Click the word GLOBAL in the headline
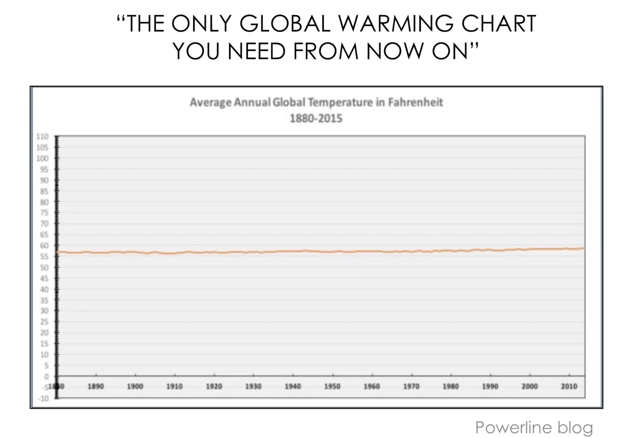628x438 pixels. [x=285, y=24]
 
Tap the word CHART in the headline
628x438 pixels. [x=498, y=24]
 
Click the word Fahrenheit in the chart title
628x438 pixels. [x=415, y=102]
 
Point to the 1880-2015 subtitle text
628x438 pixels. [x=316, y=118]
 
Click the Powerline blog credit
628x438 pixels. [x=534, y=427]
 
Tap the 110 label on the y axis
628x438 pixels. [x=42, y=136]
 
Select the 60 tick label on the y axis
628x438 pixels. [x=44, y=245]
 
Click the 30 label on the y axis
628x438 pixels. [x=44, y=311]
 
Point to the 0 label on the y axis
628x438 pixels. [x=46, y=376]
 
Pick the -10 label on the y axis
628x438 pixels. [x=43, y=398]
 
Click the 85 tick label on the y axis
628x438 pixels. [x=44, y=191]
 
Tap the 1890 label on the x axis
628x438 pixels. [x=96, y=386]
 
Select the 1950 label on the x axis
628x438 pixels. [x=332, y=386]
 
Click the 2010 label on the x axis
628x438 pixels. [x=569, y=386]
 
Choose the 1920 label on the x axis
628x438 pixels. [x=214, y=386]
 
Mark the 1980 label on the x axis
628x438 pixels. [x=451, y=386]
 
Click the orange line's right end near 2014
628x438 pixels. [x=584, y=248]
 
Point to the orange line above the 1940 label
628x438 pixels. [x=293, y=251]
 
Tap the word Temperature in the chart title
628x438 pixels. [x=340, y=102]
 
